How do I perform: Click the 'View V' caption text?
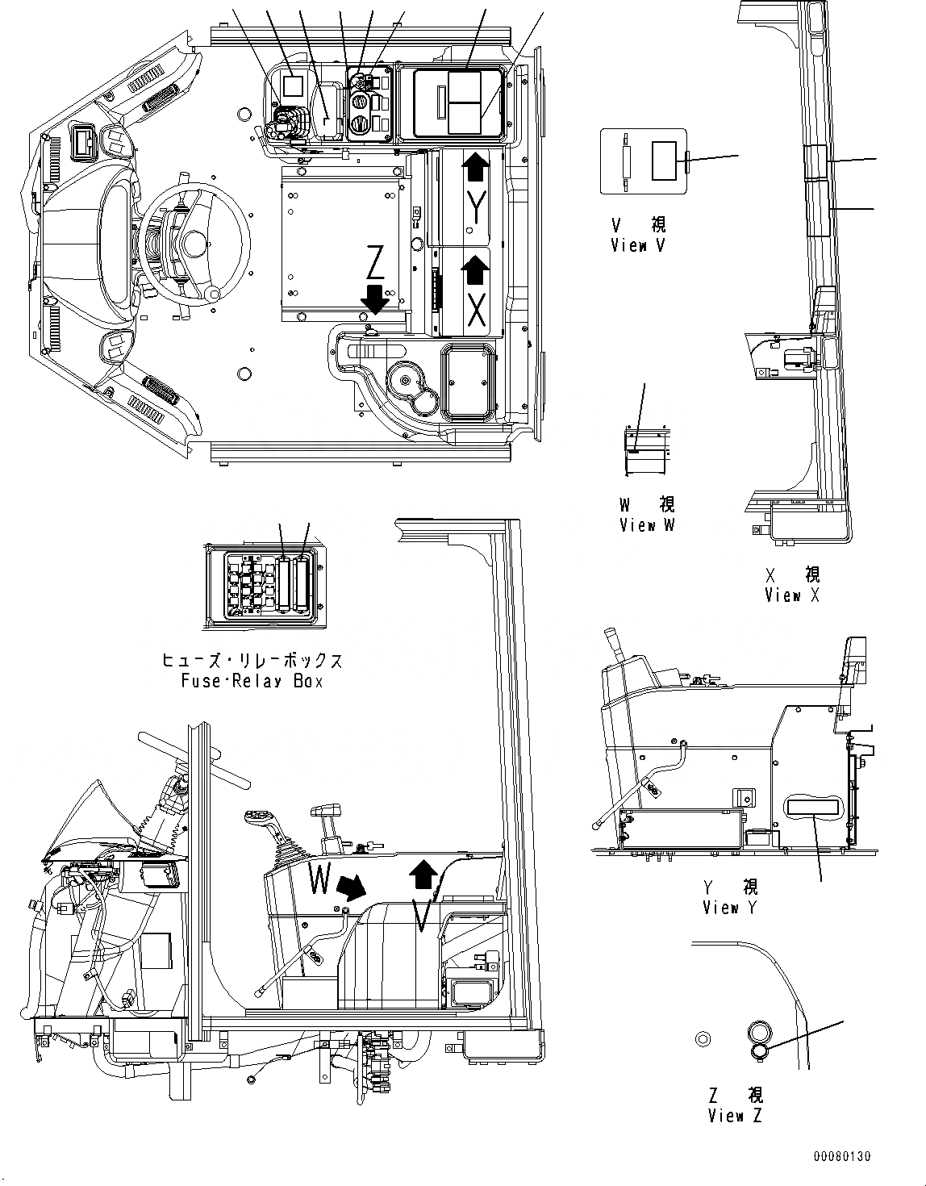tap(640, 246)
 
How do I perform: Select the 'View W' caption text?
tap(648, 525)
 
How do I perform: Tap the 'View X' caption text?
tap(794, 596)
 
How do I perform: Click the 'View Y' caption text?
tap(732, 908)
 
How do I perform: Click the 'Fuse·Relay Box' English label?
tap(252, 681)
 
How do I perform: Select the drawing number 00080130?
tap(841, 1156)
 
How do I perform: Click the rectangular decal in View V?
tap(667, 161)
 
